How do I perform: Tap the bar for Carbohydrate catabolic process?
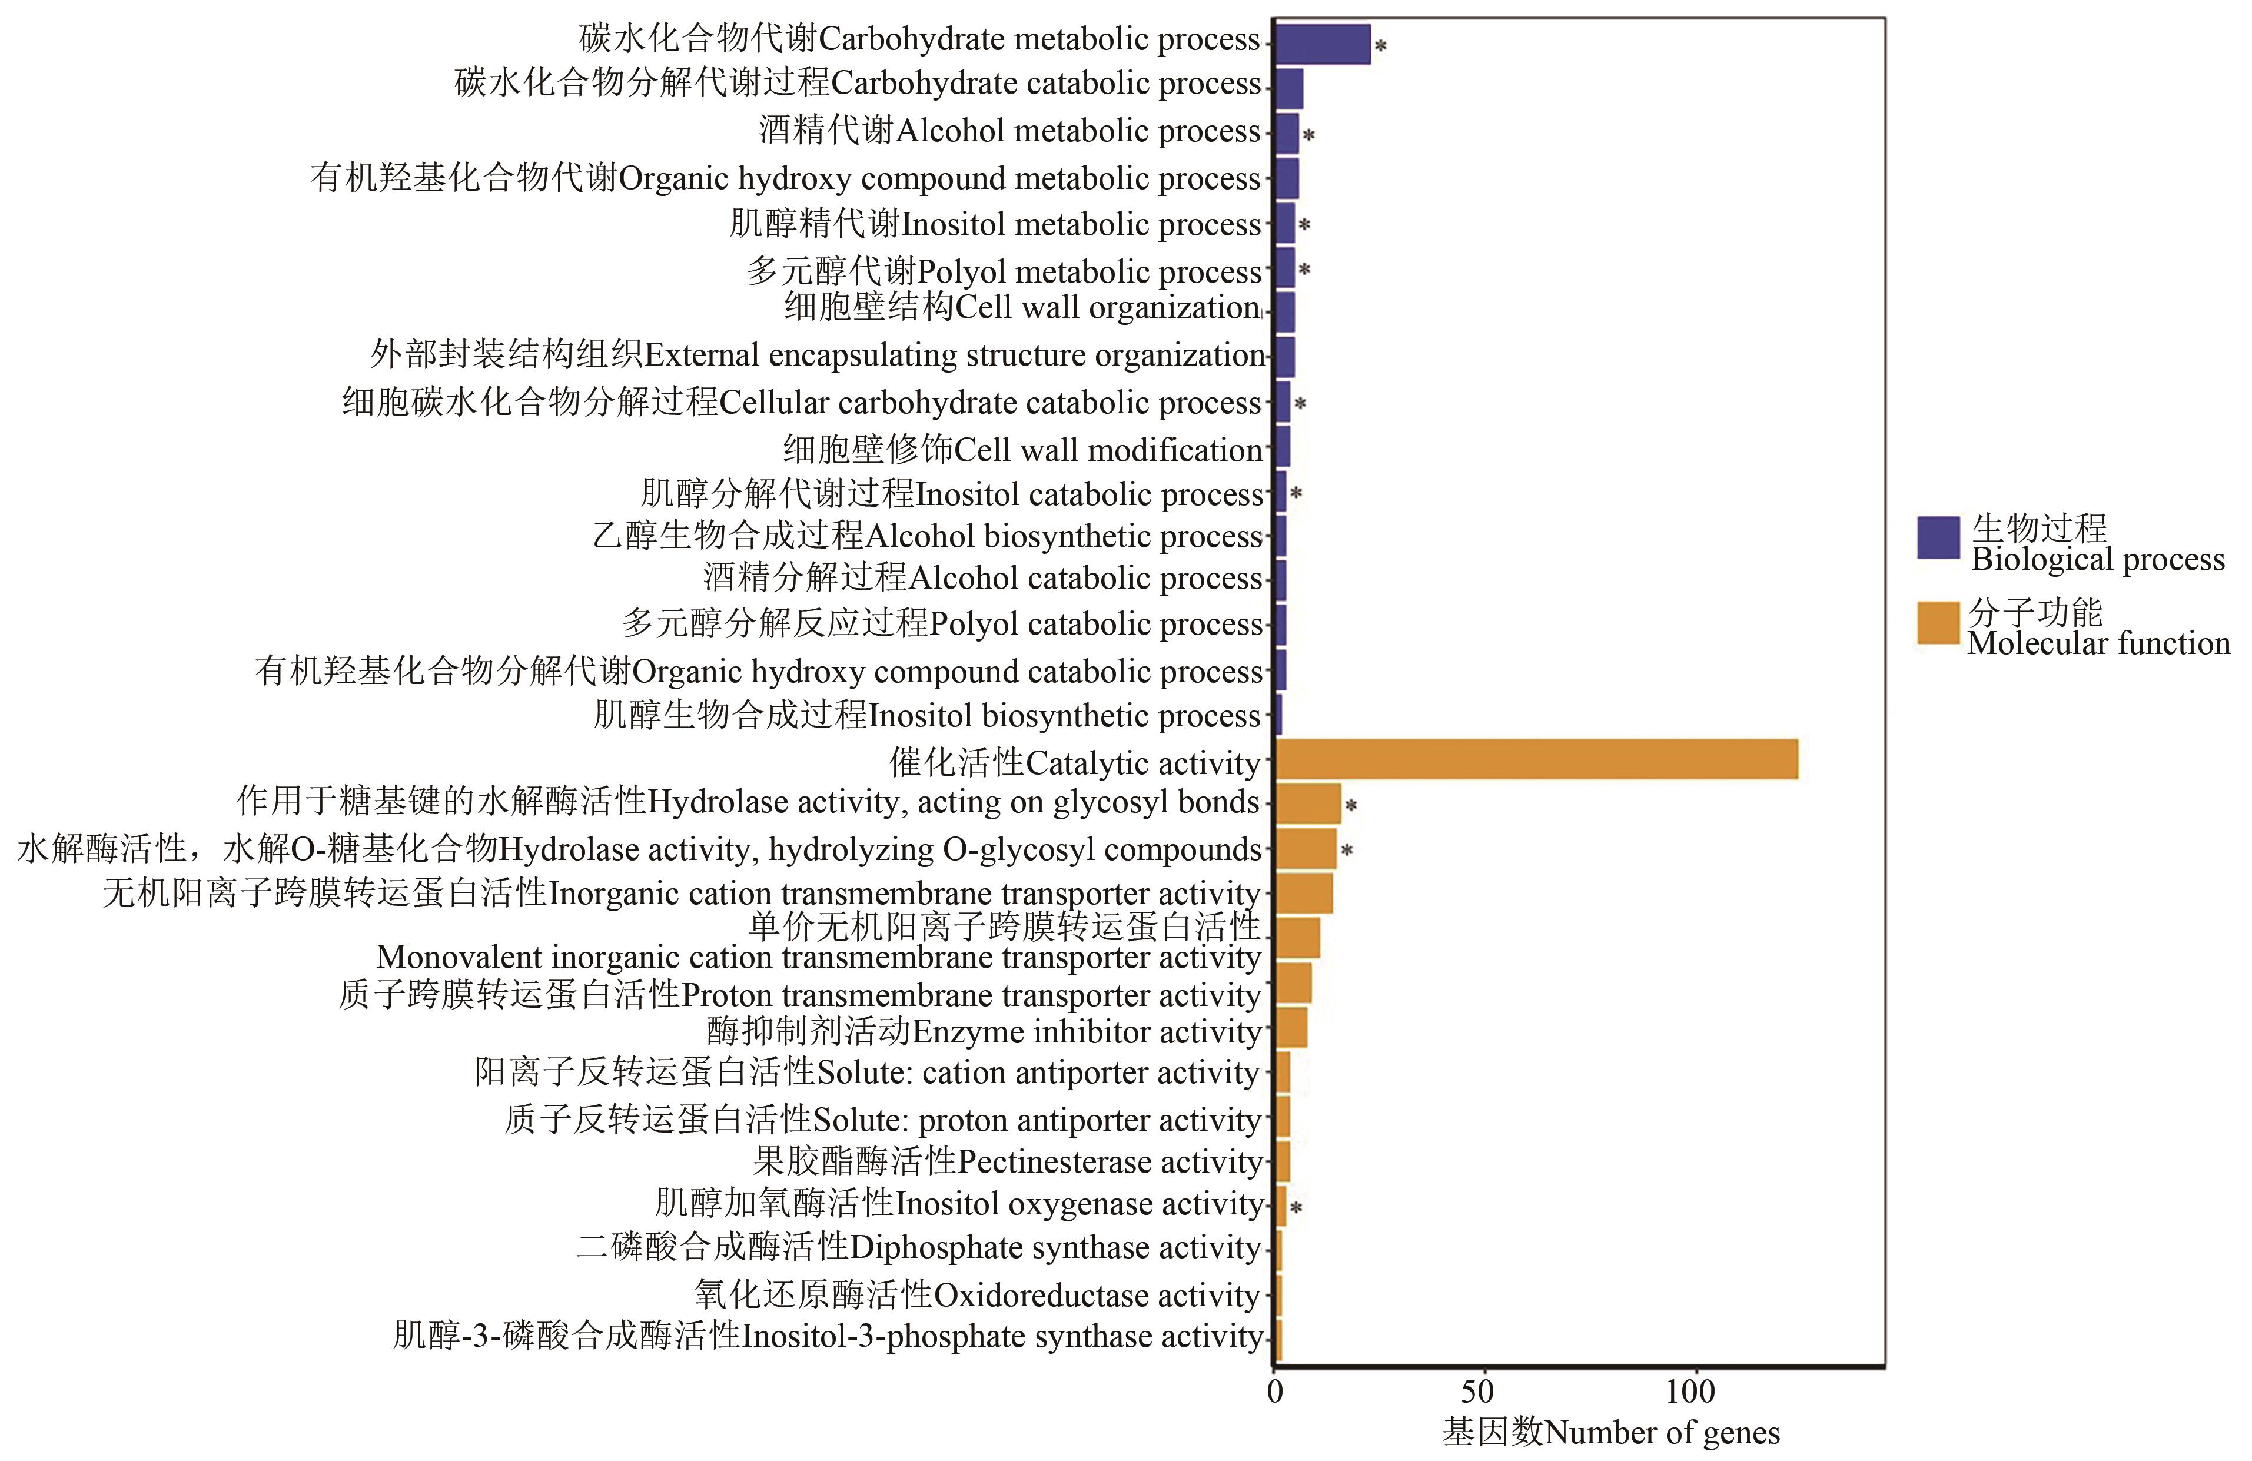coord(1289,89)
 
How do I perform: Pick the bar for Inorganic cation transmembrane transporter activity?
coord(1304,893)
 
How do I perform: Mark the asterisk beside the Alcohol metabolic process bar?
coord(1308,136)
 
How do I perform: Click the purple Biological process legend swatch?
coord(1938,537)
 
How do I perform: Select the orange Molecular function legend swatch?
coord(1938,623)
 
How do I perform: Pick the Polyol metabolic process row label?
coord(1004,271)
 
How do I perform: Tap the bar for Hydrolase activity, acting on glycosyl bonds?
coord(1308,803)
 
